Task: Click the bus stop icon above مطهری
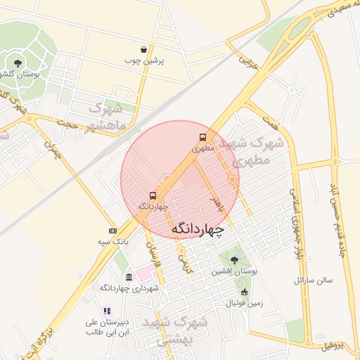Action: [x=203, y=138]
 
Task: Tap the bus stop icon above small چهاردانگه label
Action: [x=153, y=195]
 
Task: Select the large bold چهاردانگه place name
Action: [x=198, y=230]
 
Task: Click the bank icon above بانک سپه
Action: [x=112, y=231]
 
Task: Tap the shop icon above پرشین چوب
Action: [x=144, y=50]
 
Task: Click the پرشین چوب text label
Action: [x=144, y=61]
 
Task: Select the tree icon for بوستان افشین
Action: [x=234, y=259]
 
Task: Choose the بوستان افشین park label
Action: [x=234, y=271]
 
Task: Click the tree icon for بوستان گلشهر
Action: [x=18, y=63]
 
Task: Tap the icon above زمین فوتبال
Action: [x=244, y=292]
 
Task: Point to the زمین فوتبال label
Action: [x=244, y=304]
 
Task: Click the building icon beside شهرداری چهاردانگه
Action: [x=129, y=277]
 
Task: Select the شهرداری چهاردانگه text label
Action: [x=129, y=288]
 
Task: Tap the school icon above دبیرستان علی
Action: [x=107, y=311]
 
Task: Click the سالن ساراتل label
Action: [x=312, y=281]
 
